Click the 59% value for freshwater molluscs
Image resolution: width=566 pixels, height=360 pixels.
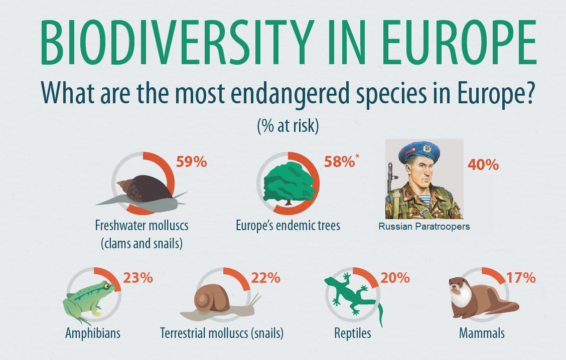192,162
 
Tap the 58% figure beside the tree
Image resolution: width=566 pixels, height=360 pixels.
339,162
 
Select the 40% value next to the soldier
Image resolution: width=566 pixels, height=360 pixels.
483,164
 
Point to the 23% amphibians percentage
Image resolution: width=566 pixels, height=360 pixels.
137,277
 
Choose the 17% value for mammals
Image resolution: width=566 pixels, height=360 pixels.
521,277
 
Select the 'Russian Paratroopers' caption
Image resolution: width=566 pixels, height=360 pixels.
424,227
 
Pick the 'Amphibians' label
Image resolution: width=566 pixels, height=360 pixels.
93,333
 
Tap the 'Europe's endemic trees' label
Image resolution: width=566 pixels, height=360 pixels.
288,226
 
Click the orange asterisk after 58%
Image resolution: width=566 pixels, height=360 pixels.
358,157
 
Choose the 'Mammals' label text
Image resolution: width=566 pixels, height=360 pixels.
482,333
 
